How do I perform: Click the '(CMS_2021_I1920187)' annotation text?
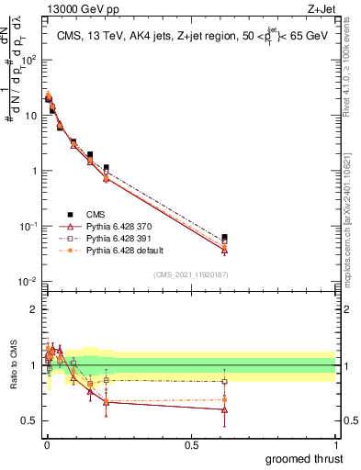(x=189, y=274)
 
